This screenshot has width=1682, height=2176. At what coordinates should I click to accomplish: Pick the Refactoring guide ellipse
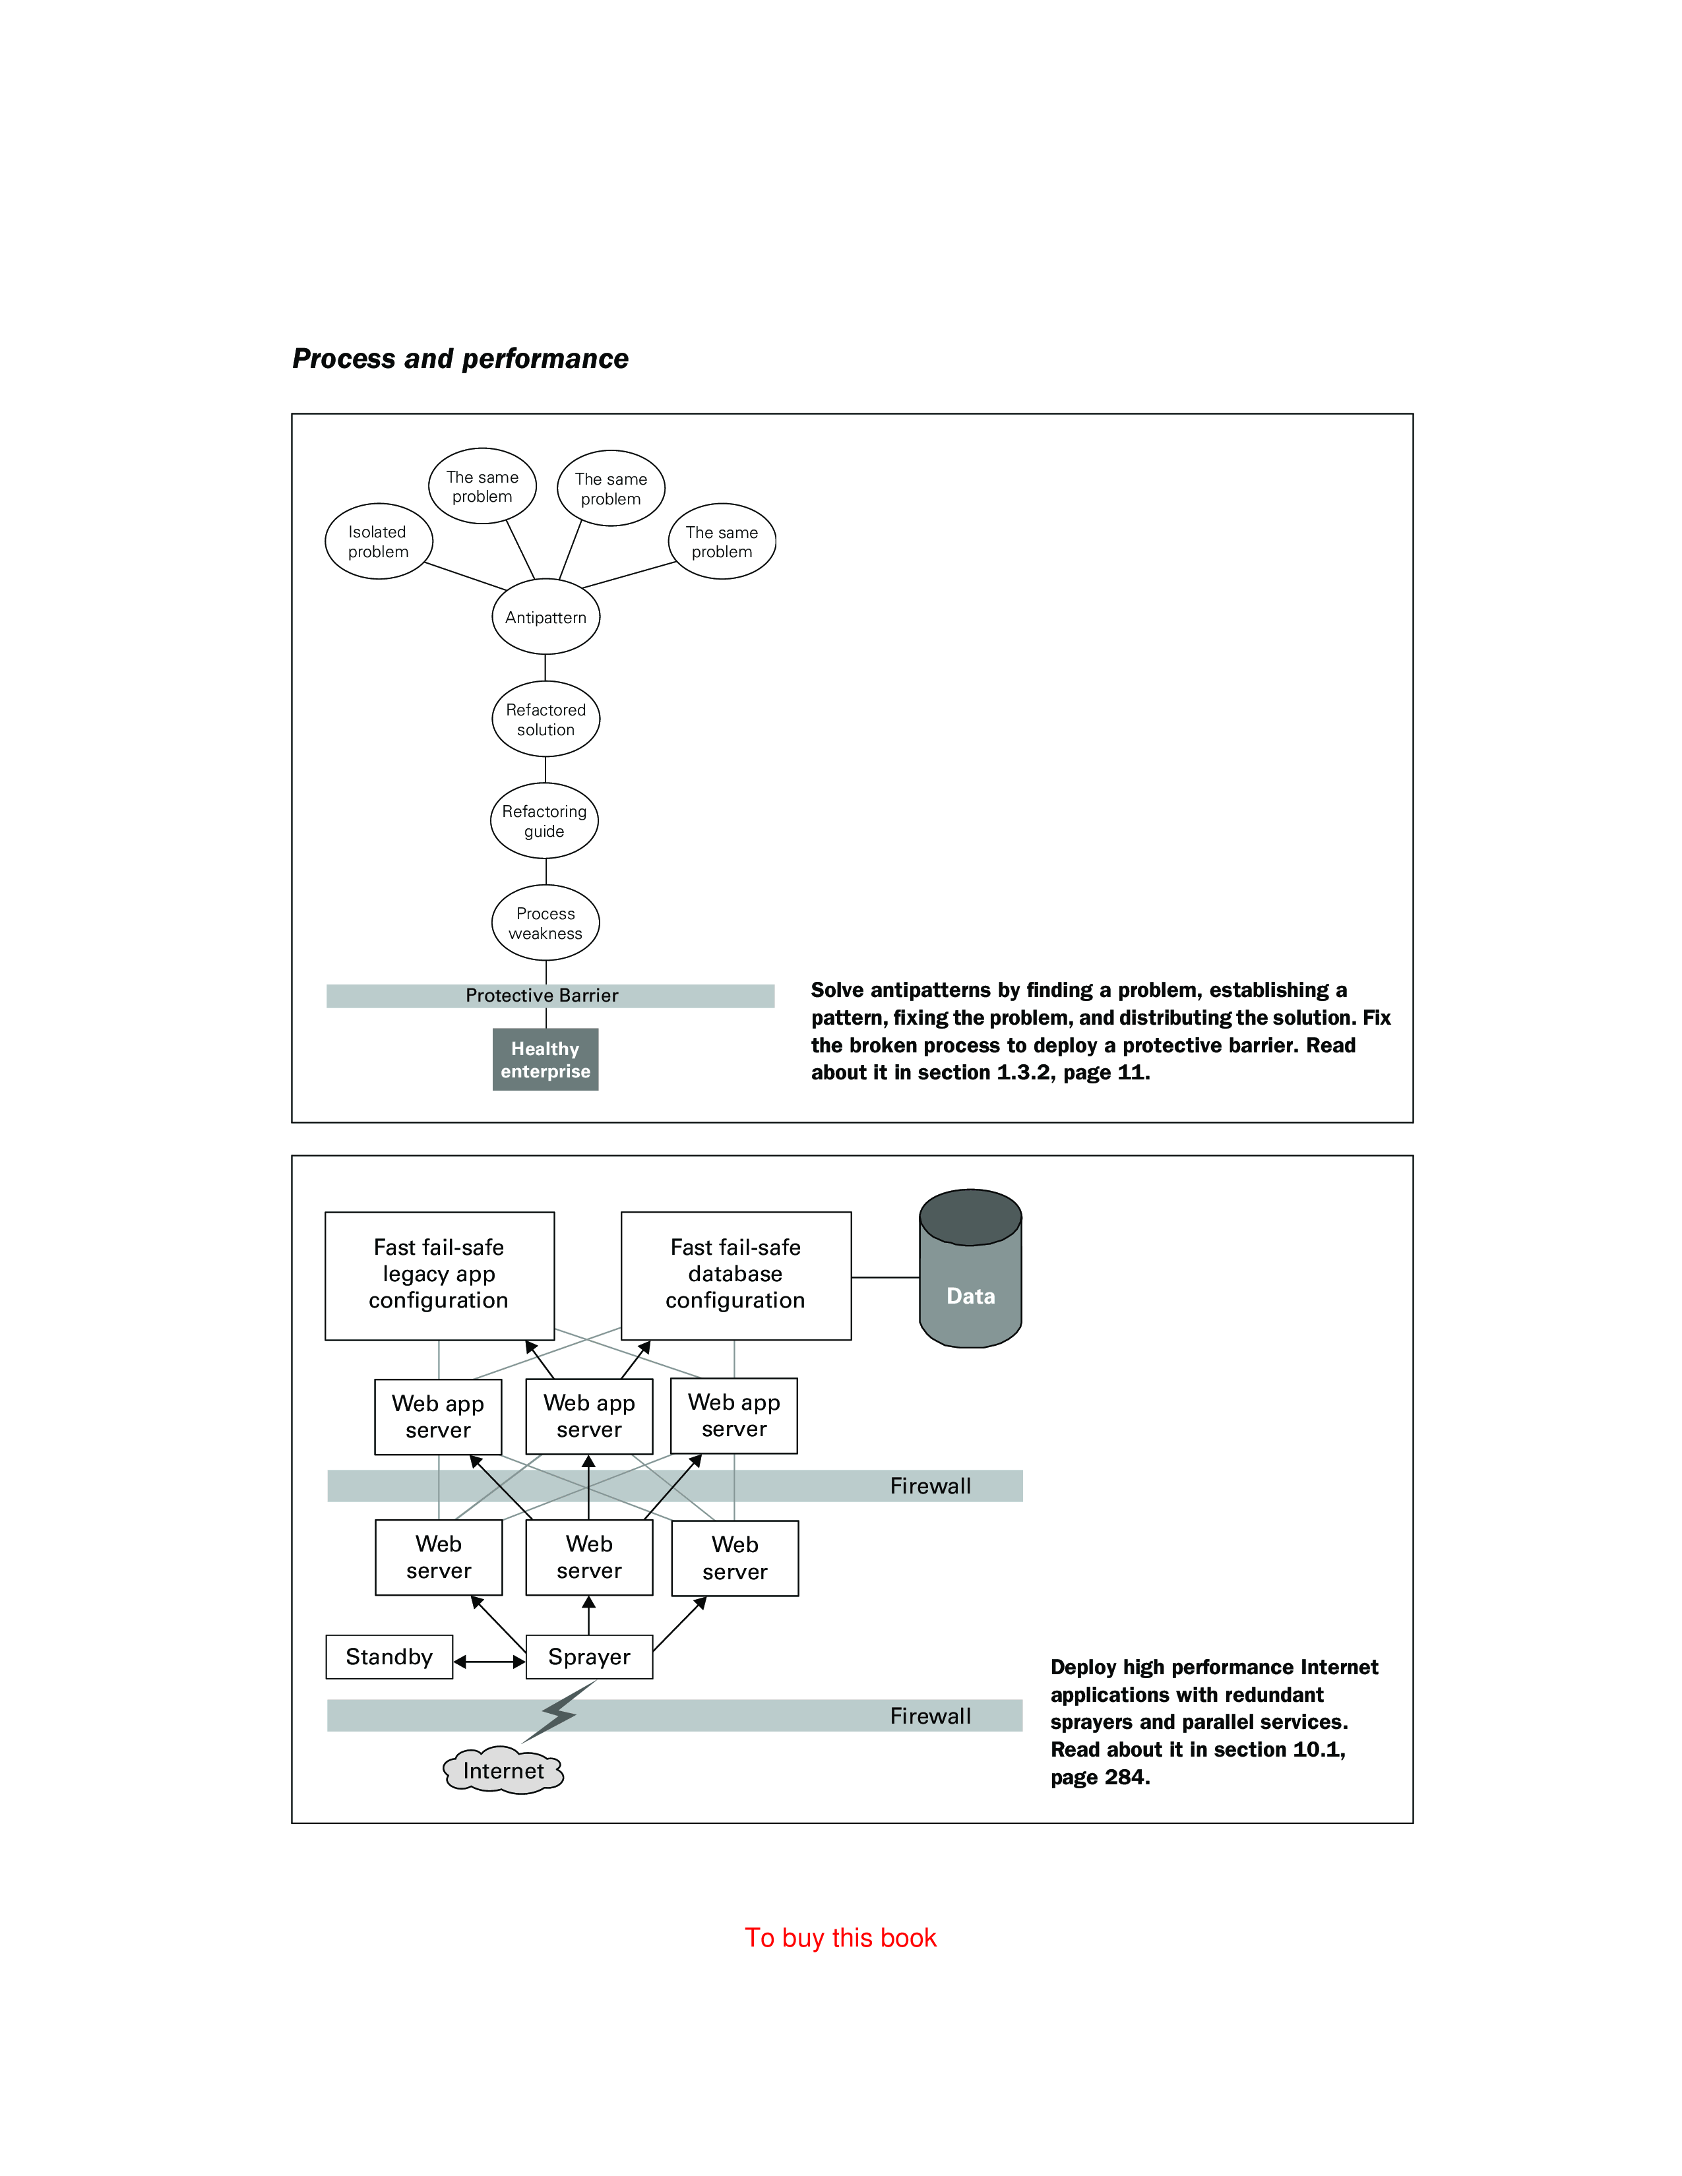click(x=544, y=821)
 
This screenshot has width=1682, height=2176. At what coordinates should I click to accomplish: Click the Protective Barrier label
click(x=542, y=995)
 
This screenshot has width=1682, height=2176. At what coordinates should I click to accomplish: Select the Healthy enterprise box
click(x=545, y=1059)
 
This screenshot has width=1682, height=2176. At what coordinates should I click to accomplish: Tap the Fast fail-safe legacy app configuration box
click(x=439, y=1275)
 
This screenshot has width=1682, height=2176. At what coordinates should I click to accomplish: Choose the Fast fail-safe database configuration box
click(x=735, y=1275)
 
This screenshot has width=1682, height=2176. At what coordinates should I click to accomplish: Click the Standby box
click(x=389, y=1657)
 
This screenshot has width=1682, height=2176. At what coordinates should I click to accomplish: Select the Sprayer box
click(x=589, y=1657)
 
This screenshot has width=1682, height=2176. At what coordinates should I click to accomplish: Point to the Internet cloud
click(x=503, y=1770)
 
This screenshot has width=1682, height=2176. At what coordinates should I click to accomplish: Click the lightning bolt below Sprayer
click(x=560, y=1712)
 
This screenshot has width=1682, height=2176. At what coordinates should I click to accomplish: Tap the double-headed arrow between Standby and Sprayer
click(x=489, y=1661)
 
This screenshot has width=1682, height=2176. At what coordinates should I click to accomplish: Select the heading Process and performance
click(x=460, y=359)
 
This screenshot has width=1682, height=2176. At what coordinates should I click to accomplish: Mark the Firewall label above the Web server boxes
click(x=929, y=1486)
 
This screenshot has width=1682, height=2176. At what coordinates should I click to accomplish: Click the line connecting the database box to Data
click(x=885, y=1277)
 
